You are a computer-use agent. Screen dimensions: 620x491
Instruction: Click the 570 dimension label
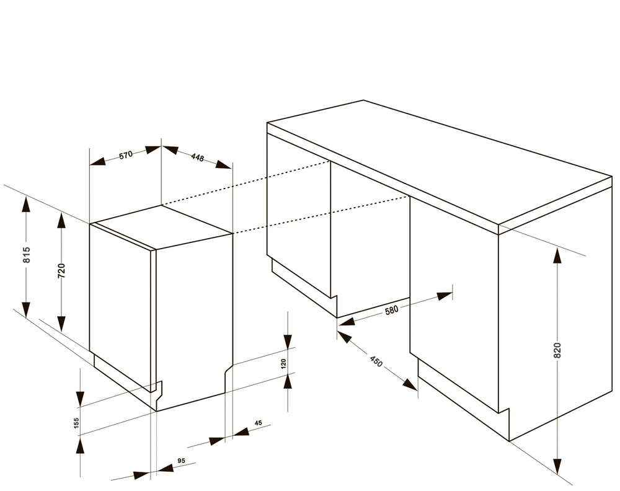click(x=126, y=154)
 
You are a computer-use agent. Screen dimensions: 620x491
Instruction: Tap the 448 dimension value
click(x=197, y=157)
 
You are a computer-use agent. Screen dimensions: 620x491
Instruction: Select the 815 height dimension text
click(x=27, y=255)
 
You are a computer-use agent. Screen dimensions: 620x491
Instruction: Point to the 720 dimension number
click(x=61, y=271)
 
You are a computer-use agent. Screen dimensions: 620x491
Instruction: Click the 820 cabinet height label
click(x=557, y=351)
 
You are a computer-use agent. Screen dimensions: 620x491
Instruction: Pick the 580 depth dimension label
click(x=391, y=309)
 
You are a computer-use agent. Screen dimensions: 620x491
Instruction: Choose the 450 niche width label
click(x=376, y=361)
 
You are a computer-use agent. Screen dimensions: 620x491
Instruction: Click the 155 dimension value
click(x=77, y=423)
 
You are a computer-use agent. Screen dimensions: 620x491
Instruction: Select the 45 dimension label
click(x=258, y=423)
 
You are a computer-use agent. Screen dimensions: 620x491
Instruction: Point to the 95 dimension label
click(x=181, y=461)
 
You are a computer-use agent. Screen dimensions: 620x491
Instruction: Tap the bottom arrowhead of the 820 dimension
click(x=557, y=466)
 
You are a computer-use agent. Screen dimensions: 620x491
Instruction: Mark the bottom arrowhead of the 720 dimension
click(x=61, y=324)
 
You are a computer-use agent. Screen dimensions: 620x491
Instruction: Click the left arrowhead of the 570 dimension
click(x=98, y=161)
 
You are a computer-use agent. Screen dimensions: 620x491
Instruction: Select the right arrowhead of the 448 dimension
click(x=223, y=166)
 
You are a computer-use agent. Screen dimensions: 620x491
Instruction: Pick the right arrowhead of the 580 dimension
click(x=445, y=296)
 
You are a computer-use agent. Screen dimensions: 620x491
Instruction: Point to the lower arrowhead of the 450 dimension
click(x=410, y=384)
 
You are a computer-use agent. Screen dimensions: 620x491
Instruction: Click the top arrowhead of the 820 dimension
click(x=557, y=255)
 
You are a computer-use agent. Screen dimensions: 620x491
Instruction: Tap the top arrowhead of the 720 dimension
click(x=61, y=220)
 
